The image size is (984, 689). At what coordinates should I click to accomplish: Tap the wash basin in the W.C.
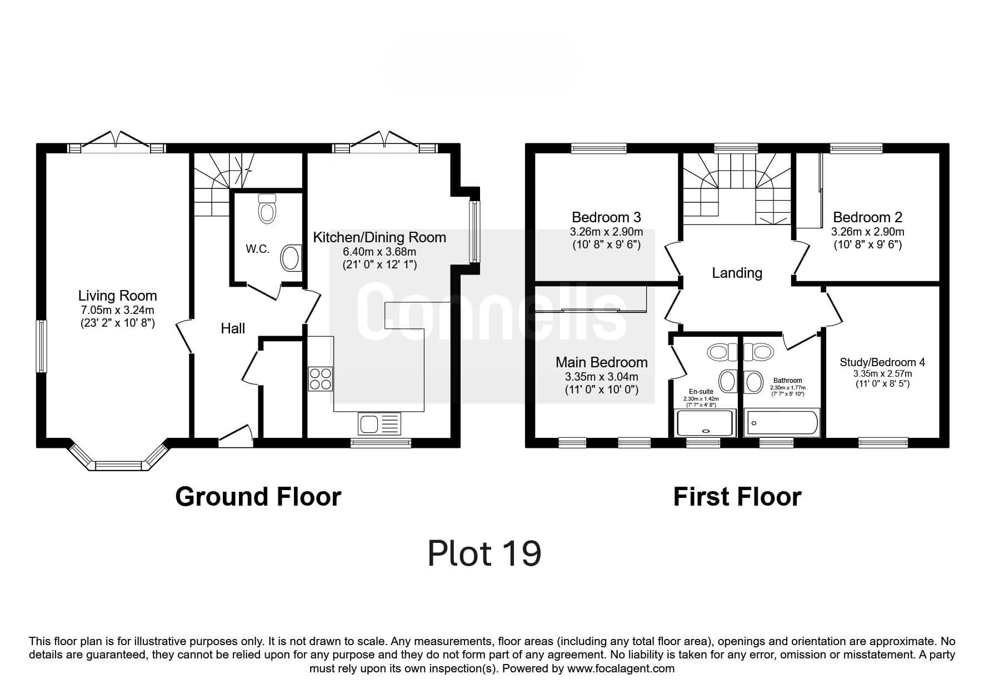click(291, 258)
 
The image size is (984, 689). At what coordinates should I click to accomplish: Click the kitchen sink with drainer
click(379, 424)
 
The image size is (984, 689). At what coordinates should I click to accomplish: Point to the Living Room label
click(117, 296)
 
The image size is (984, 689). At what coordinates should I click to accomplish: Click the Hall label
click(233, 328)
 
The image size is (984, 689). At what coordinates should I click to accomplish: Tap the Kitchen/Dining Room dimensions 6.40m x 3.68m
click(379, 252)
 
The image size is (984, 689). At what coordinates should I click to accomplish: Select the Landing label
click(737, 273)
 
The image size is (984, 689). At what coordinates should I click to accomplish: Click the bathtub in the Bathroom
click(782, 423)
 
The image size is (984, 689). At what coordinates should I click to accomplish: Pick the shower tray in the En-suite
click(705, 423)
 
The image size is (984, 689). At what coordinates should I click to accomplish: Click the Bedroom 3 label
click(606, 217)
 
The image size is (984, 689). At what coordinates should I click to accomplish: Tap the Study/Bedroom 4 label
click(882, 362)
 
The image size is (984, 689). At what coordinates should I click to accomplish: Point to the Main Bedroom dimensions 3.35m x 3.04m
click(602, 377)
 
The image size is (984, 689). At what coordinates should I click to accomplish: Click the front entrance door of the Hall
click(236, 435)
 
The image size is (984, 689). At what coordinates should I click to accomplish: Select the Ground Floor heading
click(258, 496)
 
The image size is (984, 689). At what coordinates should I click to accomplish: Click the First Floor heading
click(737, 496)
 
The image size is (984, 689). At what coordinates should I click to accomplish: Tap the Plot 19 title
click(484, 553)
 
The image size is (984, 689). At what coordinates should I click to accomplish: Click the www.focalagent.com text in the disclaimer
click(621, 668)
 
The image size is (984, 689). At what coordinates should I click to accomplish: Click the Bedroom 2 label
click(867, 217)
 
